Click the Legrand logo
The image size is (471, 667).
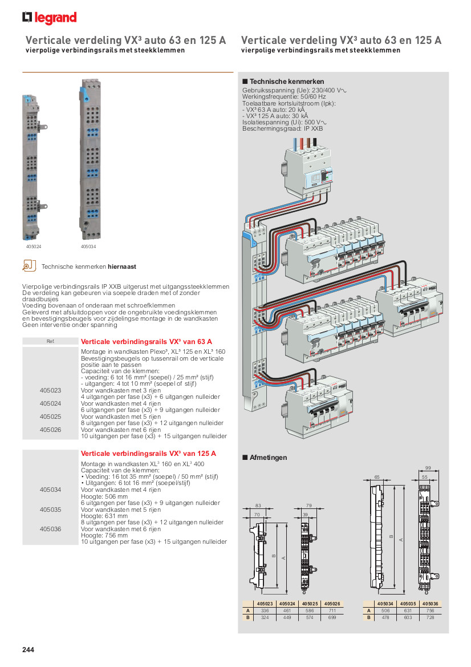click(x=49, y=18)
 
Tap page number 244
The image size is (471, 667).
click(x=29, y=649)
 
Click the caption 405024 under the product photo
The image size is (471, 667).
click(x=34, y=246)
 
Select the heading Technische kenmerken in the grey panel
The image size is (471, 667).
click(x=287, y=82)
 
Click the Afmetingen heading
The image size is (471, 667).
click(x=268, y=458)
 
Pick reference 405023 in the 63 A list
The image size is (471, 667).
click(x=50, y=390)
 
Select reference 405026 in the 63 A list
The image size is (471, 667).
click(x=50, y=430)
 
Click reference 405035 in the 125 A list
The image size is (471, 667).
click(x=50, y=509)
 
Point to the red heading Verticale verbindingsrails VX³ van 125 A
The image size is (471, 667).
click(x=149, y=454)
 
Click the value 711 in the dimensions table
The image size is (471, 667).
click(x=332, y=611)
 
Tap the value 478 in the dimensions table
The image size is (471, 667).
click(x=385, y=617)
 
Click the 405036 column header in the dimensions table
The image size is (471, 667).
click(x=431, y=604)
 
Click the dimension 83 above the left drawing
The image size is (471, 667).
click(x=258, y=506)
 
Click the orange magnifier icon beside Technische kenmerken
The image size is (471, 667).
click(x=29, y=266)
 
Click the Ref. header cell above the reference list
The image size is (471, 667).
click(x=50, y=341)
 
